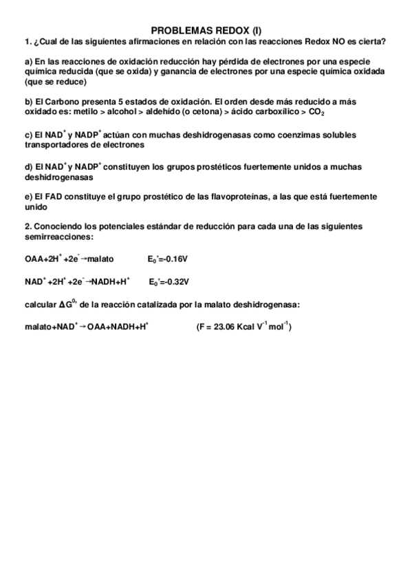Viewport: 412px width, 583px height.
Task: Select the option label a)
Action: [29, 62]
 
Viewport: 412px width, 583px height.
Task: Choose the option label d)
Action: [29, 167]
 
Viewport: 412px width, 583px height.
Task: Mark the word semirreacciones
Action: [59, 237]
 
